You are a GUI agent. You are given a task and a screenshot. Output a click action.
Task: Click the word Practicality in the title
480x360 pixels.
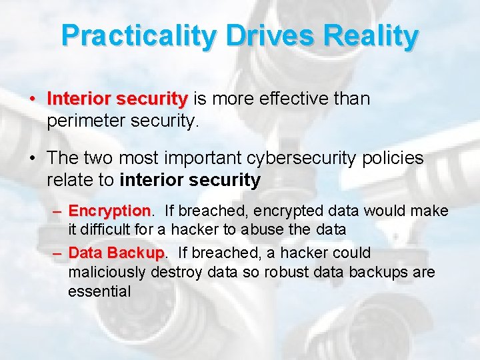(139, 36)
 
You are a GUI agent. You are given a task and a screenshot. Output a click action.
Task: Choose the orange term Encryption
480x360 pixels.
(110, 211)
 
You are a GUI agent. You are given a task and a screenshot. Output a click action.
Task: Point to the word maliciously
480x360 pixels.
(107, 273)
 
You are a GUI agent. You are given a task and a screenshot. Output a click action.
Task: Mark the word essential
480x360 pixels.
(99, 291)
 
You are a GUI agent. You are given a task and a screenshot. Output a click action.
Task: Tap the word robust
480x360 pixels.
(271, 273)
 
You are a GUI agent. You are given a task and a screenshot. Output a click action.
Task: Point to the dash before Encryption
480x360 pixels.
(58, 212)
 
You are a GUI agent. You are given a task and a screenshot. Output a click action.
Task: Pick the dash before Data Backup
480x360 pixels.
(58, 254)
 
